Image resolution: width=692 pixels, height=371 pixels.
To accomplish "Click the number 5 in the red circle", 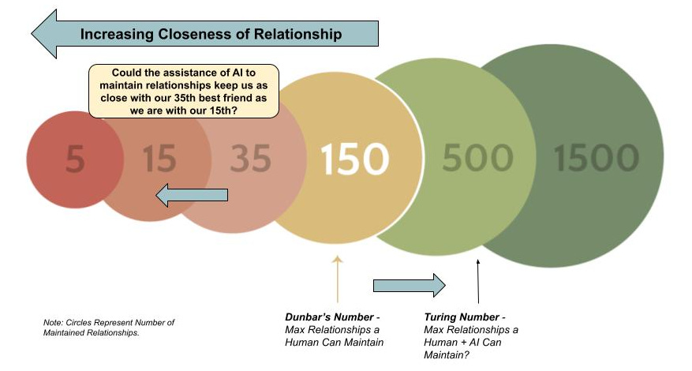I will [x=75, y=160].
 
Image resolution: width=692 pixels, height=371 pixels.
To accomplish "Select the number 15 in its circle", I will [x=159, y=160].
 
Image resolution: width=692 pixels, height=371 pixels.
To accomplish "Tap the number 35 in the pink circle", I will [x=251, y=160].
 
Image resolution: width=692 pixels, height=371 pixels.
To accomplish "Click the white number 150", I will [x=354, y=159].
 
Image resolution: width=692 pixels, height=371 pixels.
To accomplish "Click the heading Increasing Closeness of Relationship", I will [x=211, y=34].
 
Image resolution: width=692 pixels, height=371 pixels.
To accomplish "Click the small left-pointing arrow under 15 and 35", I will [x=192, y=195].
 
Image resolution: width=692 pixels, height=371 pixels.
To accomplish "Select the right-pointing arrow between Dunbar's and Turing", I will [x=409, y=285].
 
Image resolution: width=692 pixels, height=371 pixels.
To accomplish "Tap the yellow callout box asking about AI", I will [x=184, y=91].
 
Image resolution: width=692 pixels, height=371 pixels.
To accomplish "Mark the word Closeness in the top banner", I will [x=183, y=34].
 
